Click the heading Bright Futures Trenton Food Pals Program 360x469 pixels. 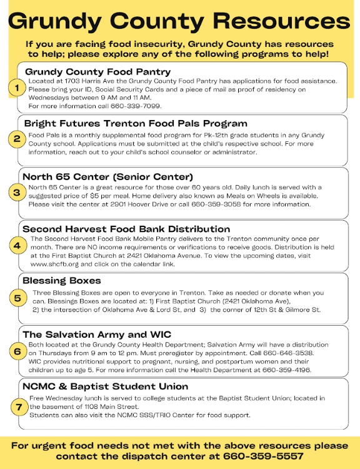(x=127, y=124)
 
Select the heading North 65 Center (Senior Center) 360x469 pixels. (x=107, y=177)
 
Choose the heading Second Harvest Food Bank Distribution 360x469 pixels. (x=126, y=229)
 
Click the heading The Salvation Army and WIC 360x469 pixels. (x=97, y=335)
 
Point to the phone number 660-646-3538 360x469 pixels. (x=274, y=353)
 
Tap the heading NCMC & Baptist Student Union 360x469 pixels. (x=105, y=386)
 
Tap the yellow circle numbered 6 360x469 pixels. (x=17, y=352)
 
